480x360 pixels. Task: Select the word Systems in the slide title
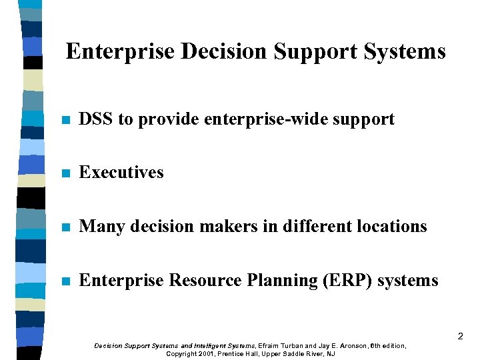[405, 51]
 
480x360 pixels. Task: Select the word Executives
[121, 172]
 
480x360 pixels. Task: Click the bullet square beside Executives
[64, 173]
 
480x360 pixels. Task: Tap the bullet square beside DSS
[64, 121]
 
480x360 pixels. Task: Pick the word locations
[391, 227]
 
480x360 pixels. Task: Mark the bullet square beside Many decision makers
[64, 228]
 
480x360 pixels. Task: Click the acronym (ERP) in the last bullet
[347, 281]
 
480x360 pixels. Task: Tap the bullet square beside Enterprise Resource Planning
[64, 282]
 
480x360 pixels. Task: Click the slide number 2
[460, 337]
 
